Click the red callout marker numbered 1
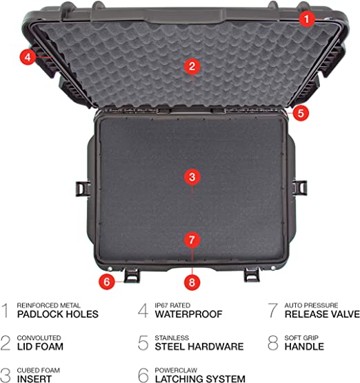point(307,19)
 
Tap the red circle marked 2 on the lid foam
point(192,66)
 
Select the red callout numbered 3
point(192,177)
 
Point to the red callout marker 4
point(28,57)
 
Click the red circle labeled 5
point(301,113)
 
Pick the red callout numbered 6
point(107,282)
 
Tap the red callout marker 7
point(192,240)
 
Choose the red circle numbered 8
point(192,282)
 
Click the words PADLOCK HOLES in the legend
point(58,314)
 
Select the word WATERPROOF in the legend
point(188,314)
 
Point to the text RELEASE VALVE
point(322,314)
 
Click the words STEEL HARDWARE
point(199,346)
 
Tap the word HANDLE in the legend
point(304,346)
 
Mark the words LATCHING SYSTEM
point(200,379)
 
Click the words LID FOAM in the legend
point(40,346)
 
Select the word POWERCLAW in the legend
point(176,371)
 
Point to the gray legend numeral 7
point(272,311)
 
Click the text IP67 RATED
point(172,305)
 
